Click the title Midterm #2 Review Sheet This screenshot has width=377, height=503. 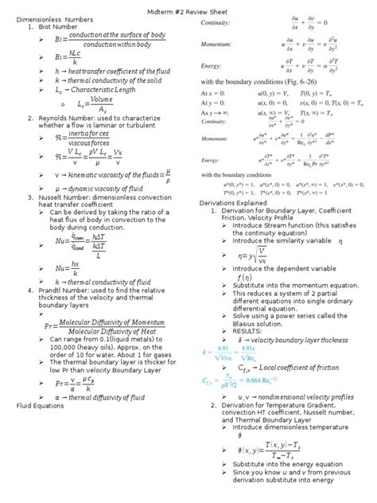pos(188,7)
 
